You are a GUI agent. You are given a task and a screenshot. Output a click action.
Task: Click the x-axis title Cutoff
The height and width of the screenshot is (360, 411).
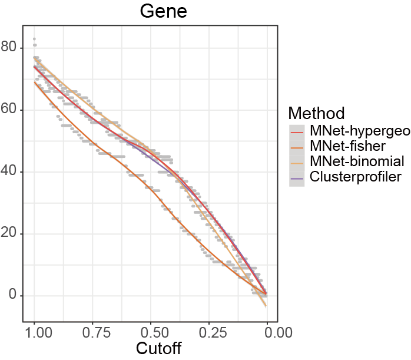158,348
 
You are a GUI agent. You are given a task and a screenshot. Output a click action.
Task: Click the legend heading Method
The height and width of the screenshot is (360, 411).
317,113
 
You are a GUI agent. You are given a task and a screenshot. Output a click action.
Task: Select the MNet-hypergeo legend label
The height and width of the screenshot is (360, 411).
359,131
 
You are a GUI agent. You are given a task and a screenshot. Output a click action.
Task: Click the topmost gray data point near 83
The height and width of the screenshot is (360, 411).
34,39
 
